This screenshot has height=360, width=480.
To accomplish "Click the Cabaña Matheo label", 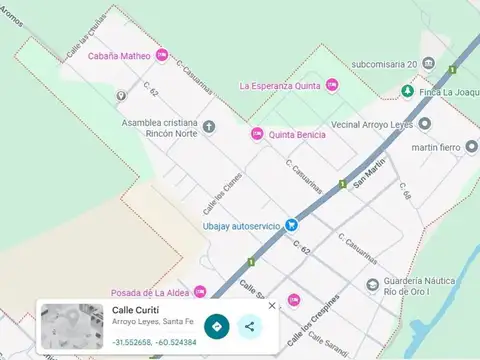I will [119, 56].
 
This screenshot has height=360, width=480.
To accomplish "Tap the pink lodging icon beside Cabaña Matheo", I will [162, 56].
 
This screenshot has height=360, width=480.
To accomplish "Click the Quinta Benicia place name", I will [298, 134].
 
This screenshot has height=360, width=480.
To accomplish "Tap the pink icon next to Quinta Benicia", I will [257, 134].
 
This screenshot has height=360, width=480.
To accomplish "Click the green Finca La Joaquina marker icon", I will [407, 91].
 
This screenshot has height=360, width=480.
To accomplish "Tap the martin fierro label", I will [435, 148].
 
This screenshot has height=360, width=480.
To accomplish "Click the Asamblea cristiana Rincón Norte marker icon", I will [209, 126].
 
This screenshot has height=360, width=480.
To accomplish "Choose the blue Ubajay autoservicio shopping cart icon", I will [291, 225].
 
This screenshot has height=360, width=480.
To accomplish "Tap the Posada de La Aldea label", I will [152, 291].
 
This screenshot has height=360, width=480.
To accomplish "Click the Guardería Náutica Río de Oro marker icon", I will [373, 285].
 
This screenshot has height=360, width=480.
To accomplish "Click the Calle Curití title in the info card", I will [135, 310].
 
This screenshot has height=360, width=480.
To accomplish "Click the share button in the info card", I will [249, 326].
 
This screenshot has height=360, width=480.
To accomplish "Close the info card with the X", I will [272, 306].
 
